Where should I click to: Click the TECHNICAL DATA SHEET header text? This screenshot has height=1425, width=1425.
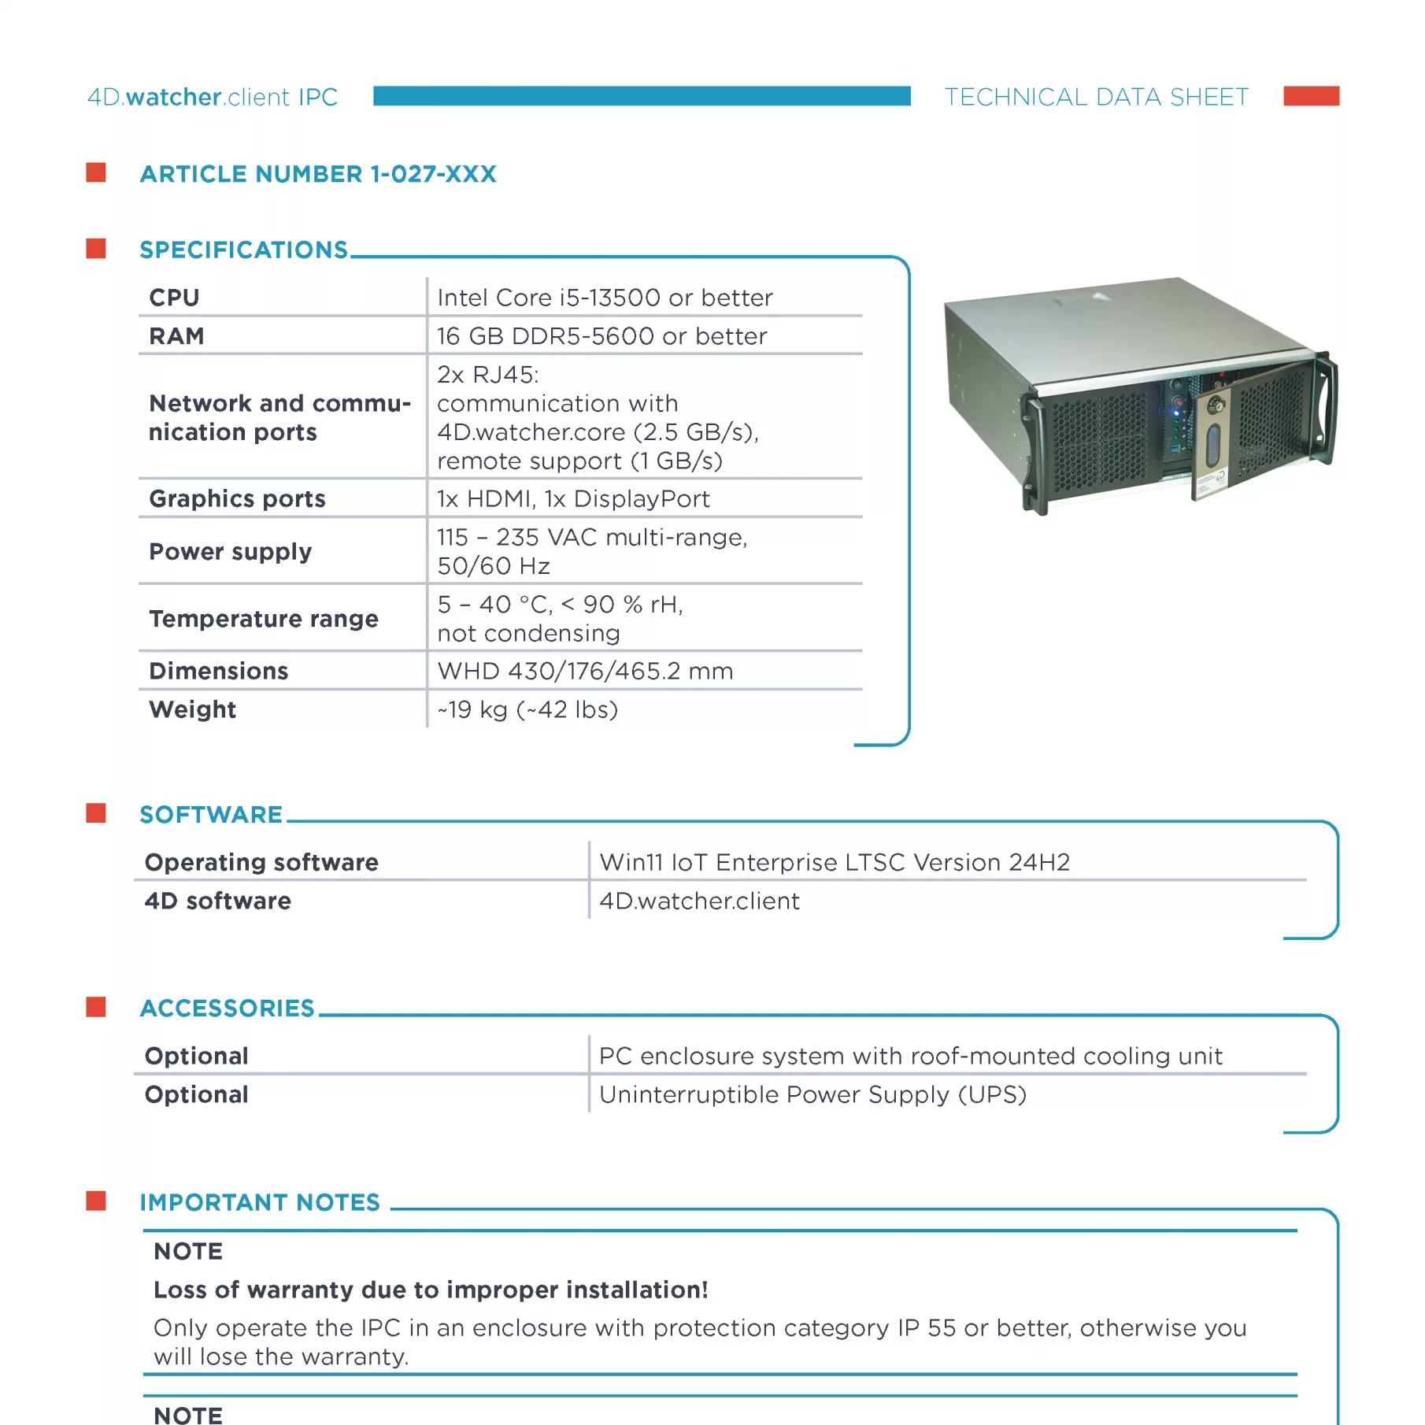[x=1096, y=97]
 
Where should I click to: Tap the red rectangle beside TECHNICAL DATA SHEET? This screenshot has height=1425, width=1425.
[x=1311, y=96]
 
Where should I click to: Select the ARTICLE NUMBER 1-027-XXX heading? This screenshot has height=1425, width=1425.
[x=318, y=174]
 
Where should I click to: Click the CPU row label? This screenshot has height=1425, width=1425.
[x=175, y=298]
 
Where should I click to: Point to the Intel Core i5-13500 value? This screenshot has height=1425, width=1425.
[x=605, y=298]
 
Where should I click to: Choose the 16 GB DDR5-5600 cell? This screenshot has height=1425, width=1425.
[x=601, y=336]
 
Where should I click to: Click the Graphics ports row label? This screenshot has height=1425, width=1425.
[x=237, y=498]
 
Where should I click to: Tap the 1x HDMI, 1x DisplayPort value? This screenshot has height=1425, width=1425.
[x=573, y=498]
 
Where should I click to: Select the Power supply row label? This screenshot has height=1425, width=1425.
[x=231, y=551]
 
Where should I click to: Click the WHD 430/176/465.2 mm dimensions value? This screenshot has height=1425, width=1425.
[x=585, y=671]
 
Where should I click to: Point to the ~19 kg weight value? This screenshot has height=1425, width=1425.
[x=527, y=709]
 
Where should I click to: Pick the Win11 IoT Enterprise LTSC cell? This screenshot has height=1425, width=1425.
[x=835, y=862]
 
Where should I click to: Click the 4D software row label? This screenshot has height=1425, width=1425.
[x=218, y=901]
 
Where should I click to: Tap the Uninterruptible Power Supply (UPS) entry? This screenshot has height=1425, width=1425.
[x=812, y=1094]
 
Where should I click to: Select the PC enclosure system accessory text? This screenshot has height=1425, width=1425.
[x=910, y=1056]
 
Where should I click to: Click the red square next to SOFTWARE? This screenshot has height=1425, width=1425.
[x=96, y=813]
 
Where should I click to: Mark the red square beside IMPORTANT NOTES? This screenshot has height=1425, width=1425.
[x=96, y=1201]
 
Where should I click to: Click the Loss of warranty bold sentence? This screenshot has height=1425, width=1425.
[x=431, y=1290]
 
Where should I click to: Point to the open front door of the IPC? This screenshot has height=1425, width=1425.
[x=1212, y=441]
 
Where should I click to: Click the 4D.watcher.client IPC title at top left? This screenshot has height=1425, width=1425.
[x=213, y=97]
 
